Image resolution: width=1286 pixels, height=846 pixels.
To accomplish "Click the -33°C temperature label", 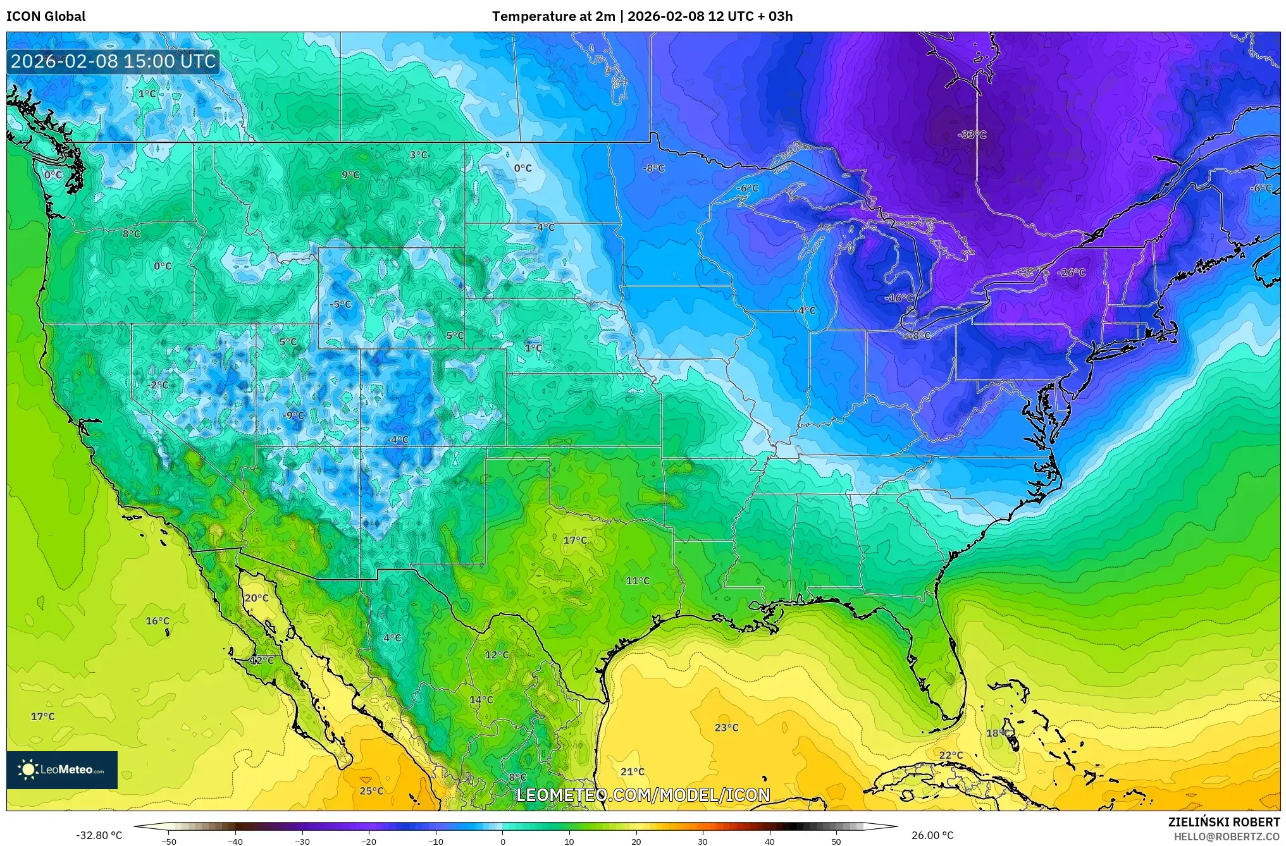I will (972, 135).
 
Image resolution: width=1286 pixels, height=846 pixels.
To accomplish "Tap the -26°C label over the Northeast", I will (1071, 273).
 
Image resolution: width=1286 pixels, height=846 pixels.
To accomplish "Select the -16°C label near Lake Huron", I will (899, 298).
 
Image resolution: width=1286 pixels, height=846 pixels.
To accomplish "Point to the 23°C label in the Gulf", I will (726, 728).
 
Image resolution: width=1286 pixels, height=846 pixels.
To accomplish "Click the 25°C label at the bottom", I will (371, 791).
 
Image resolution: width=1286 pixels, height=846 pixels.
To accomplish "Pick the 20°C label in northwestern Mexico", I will (256, 598).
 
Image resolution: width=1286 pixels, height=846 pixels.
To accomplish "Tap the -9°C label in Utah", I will (293, 415).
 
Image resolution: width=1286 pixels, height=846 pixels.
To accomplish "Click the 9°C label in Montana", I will (350, 175).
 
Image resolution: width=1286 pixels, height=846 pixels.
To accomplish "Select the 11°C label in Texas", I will (637, 581).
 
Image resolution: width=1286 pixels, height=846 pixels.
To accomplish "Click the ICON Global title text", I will (46, 16).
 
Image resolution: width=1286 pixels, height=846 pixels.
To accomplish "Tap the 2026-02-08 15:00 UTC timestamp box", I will (114, 61).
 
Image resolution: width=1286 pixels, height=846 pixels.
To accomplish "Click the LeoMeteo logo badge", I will (62, 769).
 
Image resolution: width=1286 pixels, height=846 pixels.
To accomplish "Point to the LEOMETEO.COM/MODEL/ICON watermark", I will (643, 795).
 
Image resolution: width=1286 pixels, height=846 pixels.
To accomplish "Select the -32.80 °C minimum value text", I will (99, 835).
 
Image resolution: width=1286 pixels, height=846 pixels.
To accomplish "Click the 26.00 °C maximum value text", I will (932, 835).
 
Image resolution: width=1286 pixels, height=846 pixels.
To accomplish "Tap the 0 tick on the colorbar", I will (503, 841).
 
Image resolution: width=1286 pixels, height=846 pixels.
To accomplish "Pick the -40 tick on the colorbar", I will (235, 841).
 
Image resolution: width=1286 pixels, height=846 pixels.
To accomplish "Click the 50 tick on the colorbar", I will (836, 841).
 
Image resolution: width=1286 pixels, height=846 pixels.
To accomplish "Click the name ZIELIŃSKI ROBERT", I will (1223, 822).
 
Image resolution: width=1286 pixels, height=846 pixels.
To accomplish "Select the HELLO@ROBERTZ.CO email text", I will (1227, 837).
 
